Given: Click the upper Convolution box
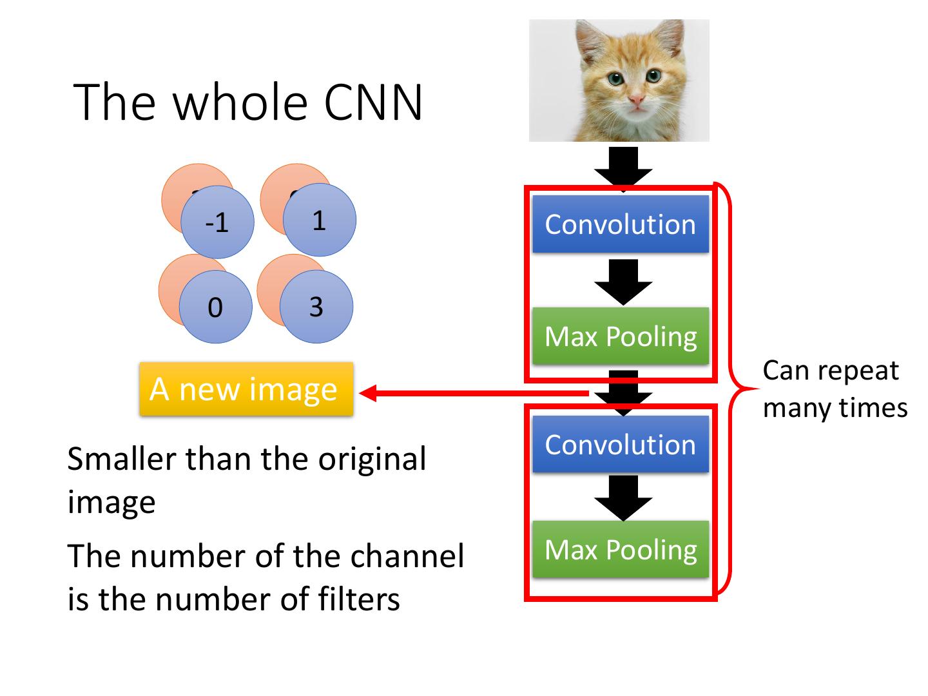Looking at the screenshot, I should click(x=620, y=224).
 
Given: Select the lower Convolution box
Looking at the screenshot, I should click(x=620, y=445).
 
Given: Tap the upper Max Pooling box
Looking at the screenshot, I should click(x=620, y=336).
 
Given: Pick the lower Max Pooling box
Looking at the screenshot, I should click(x=620, y=550).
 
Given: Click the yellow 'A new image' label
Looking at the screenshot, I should click(x=246, y=389).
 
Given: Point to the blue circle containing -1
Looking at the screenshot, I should click(x=217, y=222).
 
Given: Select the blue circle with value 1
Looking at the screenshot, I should click(x=319, y=220).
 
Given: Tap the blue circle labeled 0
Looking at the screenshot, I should click(x=215, y=307).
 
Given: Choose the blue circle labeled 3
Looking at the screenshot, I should click(x=316, y=306).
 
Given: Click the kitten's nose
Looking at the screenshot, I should click(x=636, y=100).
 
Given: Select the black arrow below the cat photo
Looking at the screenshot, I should click(x=623, y=167).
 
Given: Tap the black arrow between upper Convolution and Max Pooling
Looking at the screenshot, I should click(x=623, y=281).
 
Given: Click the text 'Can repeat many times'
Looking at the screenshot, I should click(x=835, y=389).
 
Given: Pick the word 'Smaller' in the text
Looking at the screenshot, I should click(x=121, y=459).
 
